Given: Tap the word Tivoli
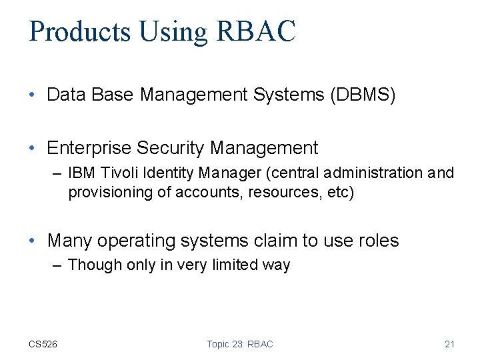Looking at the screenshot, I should (x=118, y=173).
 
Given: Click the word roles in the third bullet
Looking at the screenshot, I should (x=376, y=241).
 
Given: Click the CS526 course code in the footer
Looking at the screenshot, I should (x=43, y=344).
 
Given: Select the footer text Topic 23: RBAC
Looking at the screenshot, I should (x=240, y=344).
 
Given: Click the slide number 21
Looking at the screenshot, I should (x=449, y=344).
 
